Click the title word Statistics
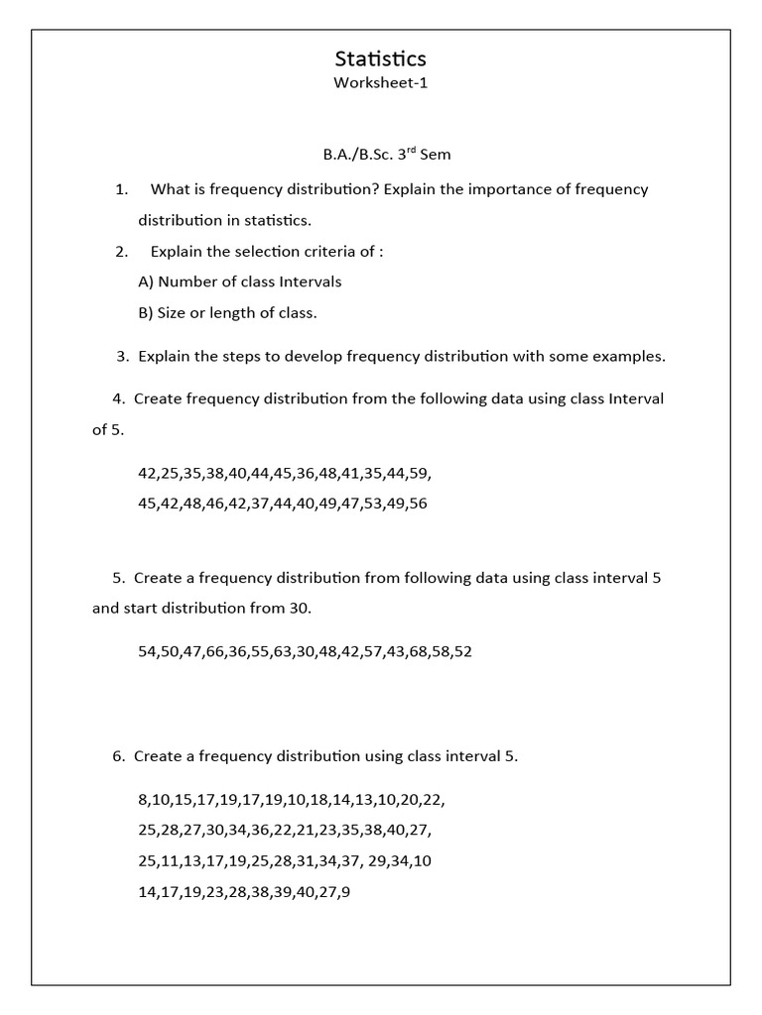coord(380,59)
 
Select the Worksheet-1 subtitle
coord(380,83)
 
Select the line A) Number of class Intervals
coord(239,282)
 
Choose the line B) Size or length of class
coord(227,313)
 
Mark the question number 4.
coord(118,399)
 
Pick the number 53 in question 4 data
coord(371,504)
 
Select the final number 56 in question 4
coord(418,504)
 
